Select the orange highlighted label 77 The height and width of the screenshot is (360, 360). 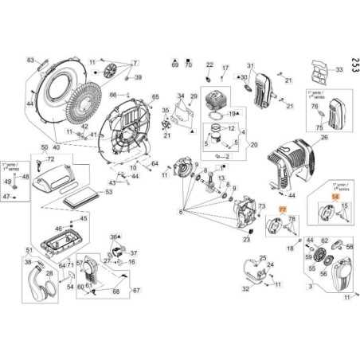[280, 210]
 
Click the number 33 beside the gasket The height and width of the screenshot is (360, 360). [338, 70]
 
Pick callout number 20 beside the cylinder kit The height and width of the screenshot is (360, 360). [254, 145]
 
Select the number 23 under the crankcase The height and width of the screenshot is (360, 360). [246, 238]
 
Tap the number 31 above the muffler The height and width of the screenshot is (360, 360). [249, 65]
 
